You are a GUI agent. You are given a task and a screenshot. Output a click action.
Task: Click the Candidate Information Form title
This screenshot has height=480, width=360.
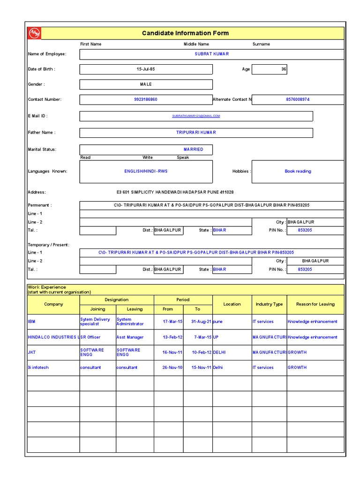click(x=185, y=33)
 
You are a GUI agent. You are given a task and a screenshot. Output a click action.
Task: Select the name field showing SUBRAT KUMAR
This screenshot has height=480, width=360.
click(x=212, y=54)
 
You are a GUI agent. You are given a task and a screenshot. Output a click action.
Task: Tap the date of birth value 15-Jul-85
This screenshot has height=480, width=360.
click(x=146, y=69)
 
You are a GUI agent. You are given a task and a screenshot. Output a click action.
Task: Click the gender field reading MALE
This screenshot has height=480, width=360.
click(x=146, y=84)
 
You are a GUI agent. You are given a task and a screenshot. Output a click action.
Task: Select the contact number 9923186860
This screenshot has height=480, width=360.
click(x=146, y=100)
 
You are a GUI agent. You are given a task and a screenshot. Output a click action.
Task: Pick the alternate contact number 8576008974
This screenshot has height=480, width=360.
click(x=298, y=100)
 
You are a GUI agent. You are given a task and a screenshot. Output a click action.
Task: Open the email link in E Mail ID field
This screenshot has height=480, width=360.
click(x=196, y=116)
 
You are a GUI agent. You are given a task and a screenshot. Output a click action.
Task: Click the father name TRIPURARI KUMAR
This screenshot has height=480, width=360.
click(x=196, y=133)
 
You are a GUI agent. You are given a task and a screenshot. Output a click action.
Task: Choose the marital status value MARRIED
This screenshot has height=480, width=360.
click(x=193, y=150)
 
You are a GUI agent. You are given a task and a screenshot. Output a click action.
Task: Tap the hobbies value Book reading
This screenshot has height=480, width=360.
click(x=298, y=172)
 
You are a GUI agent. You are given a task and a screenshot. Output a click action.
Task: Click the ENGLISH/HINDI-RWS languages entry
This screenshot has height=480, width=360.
click(x=146, y=172)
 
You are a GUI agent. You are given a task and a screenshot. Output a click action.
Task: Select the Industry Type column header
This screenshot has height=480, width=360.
click(x=269, y=304)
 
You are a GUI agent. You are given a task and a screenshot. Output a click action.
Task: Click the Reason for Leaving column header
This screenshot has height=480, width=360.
click(x=315, y=304)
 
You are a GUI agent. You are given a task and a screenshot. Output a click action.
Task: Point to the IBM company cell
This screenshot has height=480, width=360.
click(x=32, y=322)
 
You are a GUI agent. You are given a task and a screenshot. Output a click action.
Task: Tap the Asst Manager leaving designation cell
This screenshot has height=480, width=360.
click(x=130, y=337)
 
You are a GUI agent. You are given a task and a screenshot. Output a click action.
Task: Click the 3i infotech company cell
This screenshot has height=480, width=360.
click(x=38, y=368)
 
